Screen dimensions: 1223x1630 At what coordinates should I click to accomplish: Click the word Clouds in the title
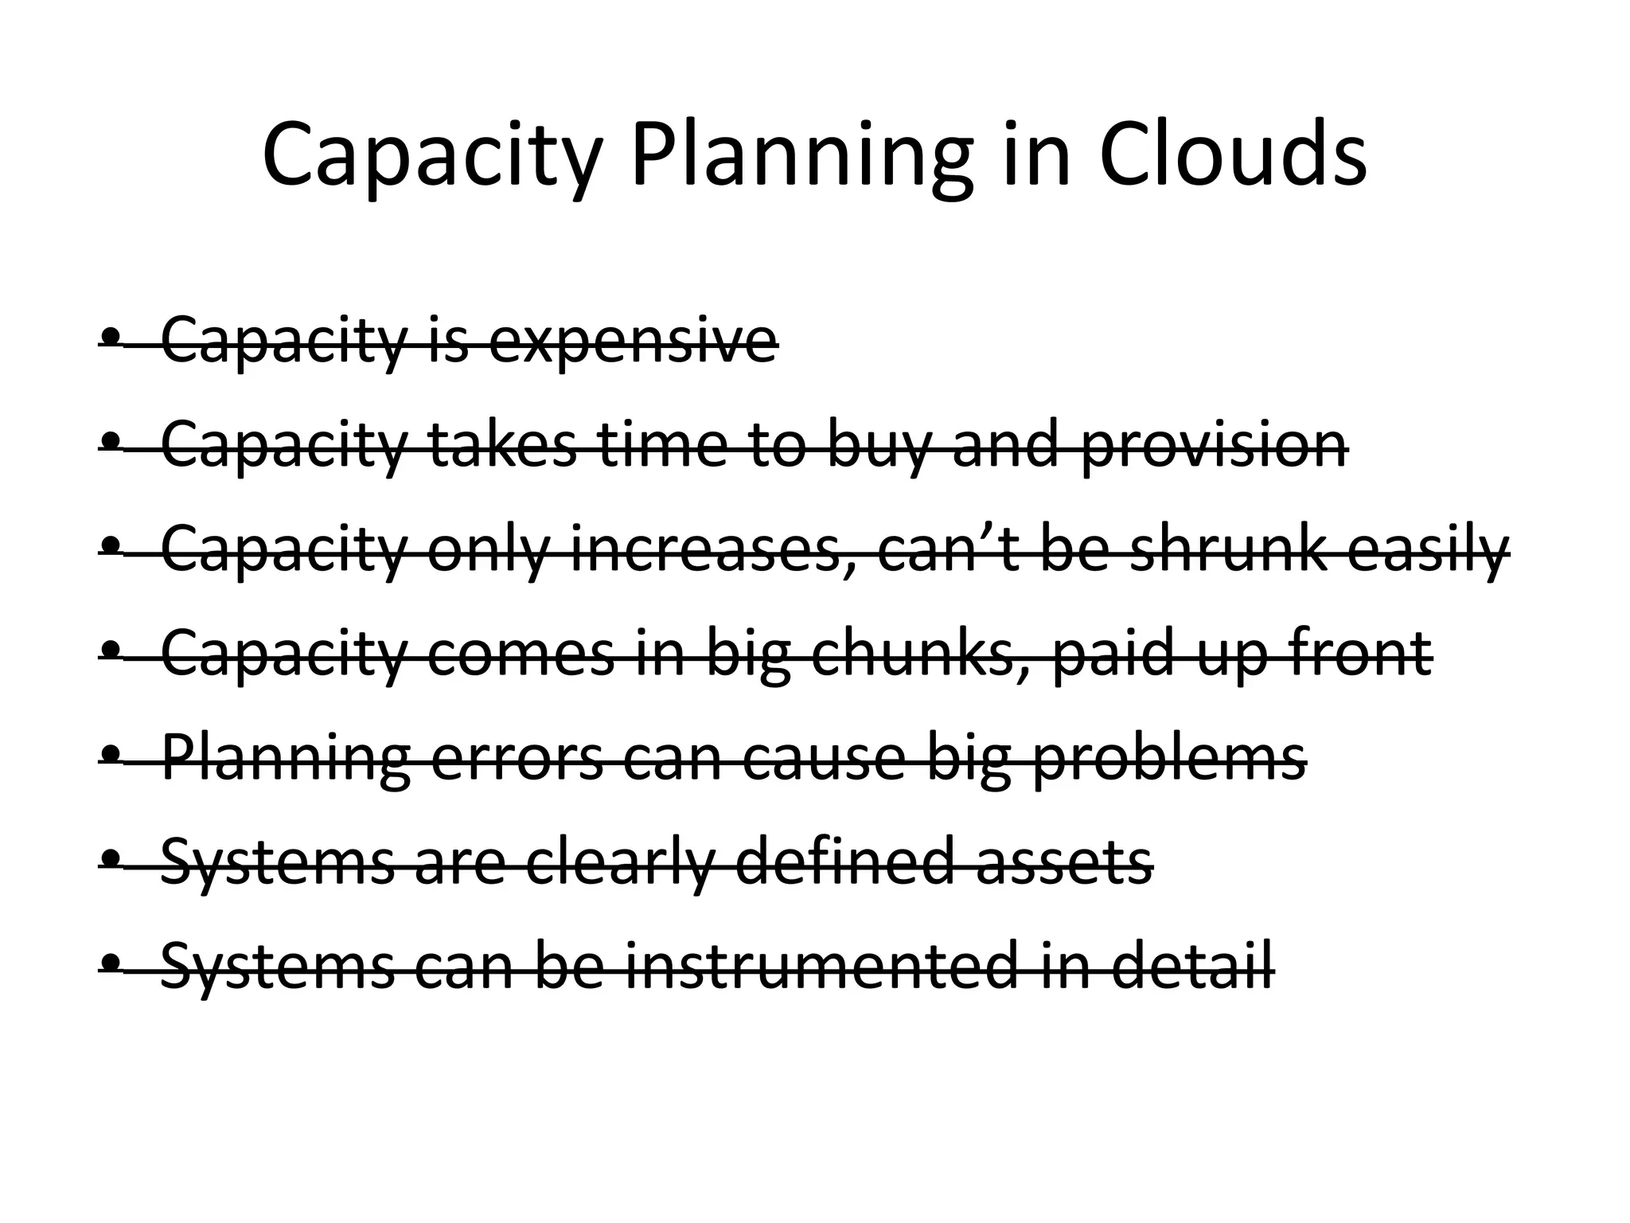(1233, 155)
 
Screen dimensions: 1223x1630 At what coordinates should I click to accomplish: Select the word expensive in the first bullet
(633, 341)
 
